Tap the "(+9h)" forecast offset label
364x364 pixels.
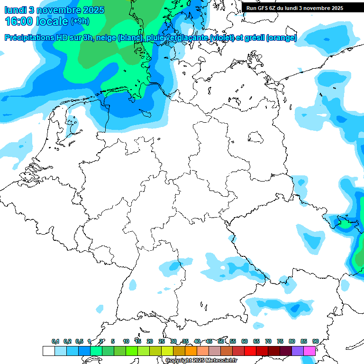pyautogui.click(x=80, y=21)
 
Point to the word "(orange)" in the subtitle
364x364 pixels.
pyautogui.click(x=282, y=38)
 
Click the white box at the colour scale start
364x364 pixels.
pyautogui.click(x=48, y=351)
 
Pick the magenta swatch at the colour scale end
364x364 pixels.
pyautogui.click(x=309, y=351)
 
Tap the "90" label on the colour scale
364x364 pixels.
pyautogui.click(x=315, y=341)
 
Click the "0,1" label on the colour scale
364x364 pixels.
pyautogui.click(x=55, y=341)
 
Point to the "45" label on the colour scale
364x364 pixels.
pyautogui.click(x=209, y=341)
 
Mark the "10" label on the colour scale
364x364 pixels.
pyautogui.click(x=126, y=341)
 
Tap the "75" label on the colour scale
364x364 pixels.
pyautogui.click(x=280, y=341)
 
